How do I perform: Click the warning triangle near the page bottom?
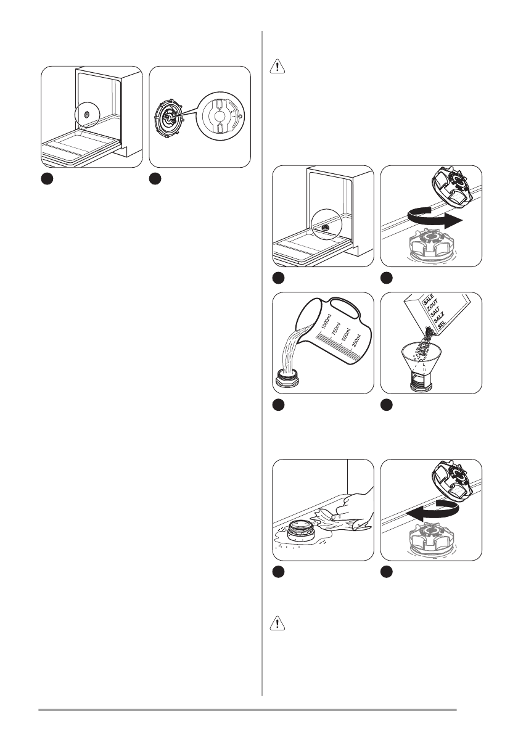[x=279, y=623]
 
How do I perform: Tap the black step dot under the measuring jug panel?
[x=279, y=405]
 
